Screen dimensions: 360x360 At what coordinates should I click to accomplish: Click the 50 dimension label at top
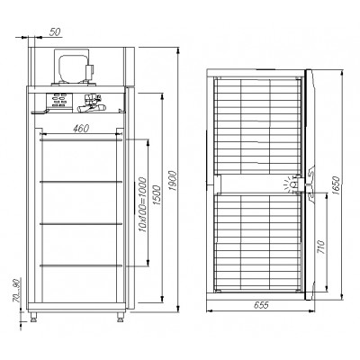(x=55, y=31)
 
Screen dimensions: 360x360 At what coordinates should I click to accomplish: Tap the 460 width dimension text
(x=81, y=129)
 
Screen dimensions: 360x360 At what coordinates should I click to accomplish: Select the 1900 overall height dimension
(x=172, y=181)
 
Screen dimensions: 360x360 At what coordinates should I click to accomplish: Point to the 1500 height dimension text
(x=157, y=195)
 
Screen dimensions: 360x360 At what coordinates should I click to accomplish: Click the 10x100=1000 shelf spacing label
(x=142, y=205)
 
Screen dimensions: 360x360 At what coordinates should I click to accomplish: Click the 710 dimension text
(x=321, y=247)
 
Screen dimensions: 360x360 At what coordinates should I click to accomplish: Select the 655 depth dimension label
(x=261, y=305)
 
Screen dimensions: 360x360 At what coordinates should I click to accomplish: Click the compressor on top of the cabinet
(x=75, y=67)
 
